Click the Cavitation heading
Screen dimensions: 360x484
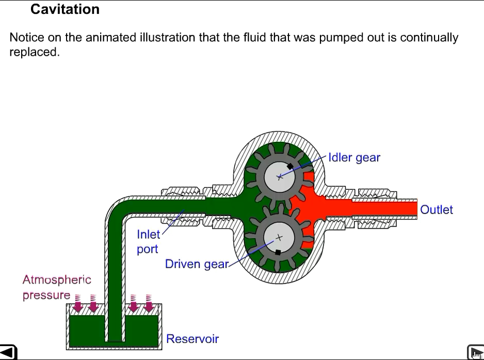65,9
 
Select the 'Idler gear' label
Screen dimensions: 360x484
354,158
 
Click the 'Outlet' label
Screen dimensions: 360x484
436,210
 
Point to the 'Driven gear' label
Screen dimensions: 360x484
196,264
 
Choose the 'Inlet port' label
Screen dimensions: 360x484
148,241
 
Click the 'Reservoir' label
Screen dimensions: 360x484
192,339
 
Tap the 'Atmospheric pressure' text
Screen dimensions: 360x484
56,287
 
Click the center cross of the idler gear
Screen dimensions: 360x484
279,177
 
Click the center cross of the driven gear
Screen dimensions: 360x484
279,238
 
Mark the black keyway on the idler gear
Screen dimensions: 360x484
290,167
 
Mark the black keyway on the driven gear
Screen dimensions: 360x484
278,252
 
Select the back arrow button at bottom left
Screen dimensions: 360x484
9,352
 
